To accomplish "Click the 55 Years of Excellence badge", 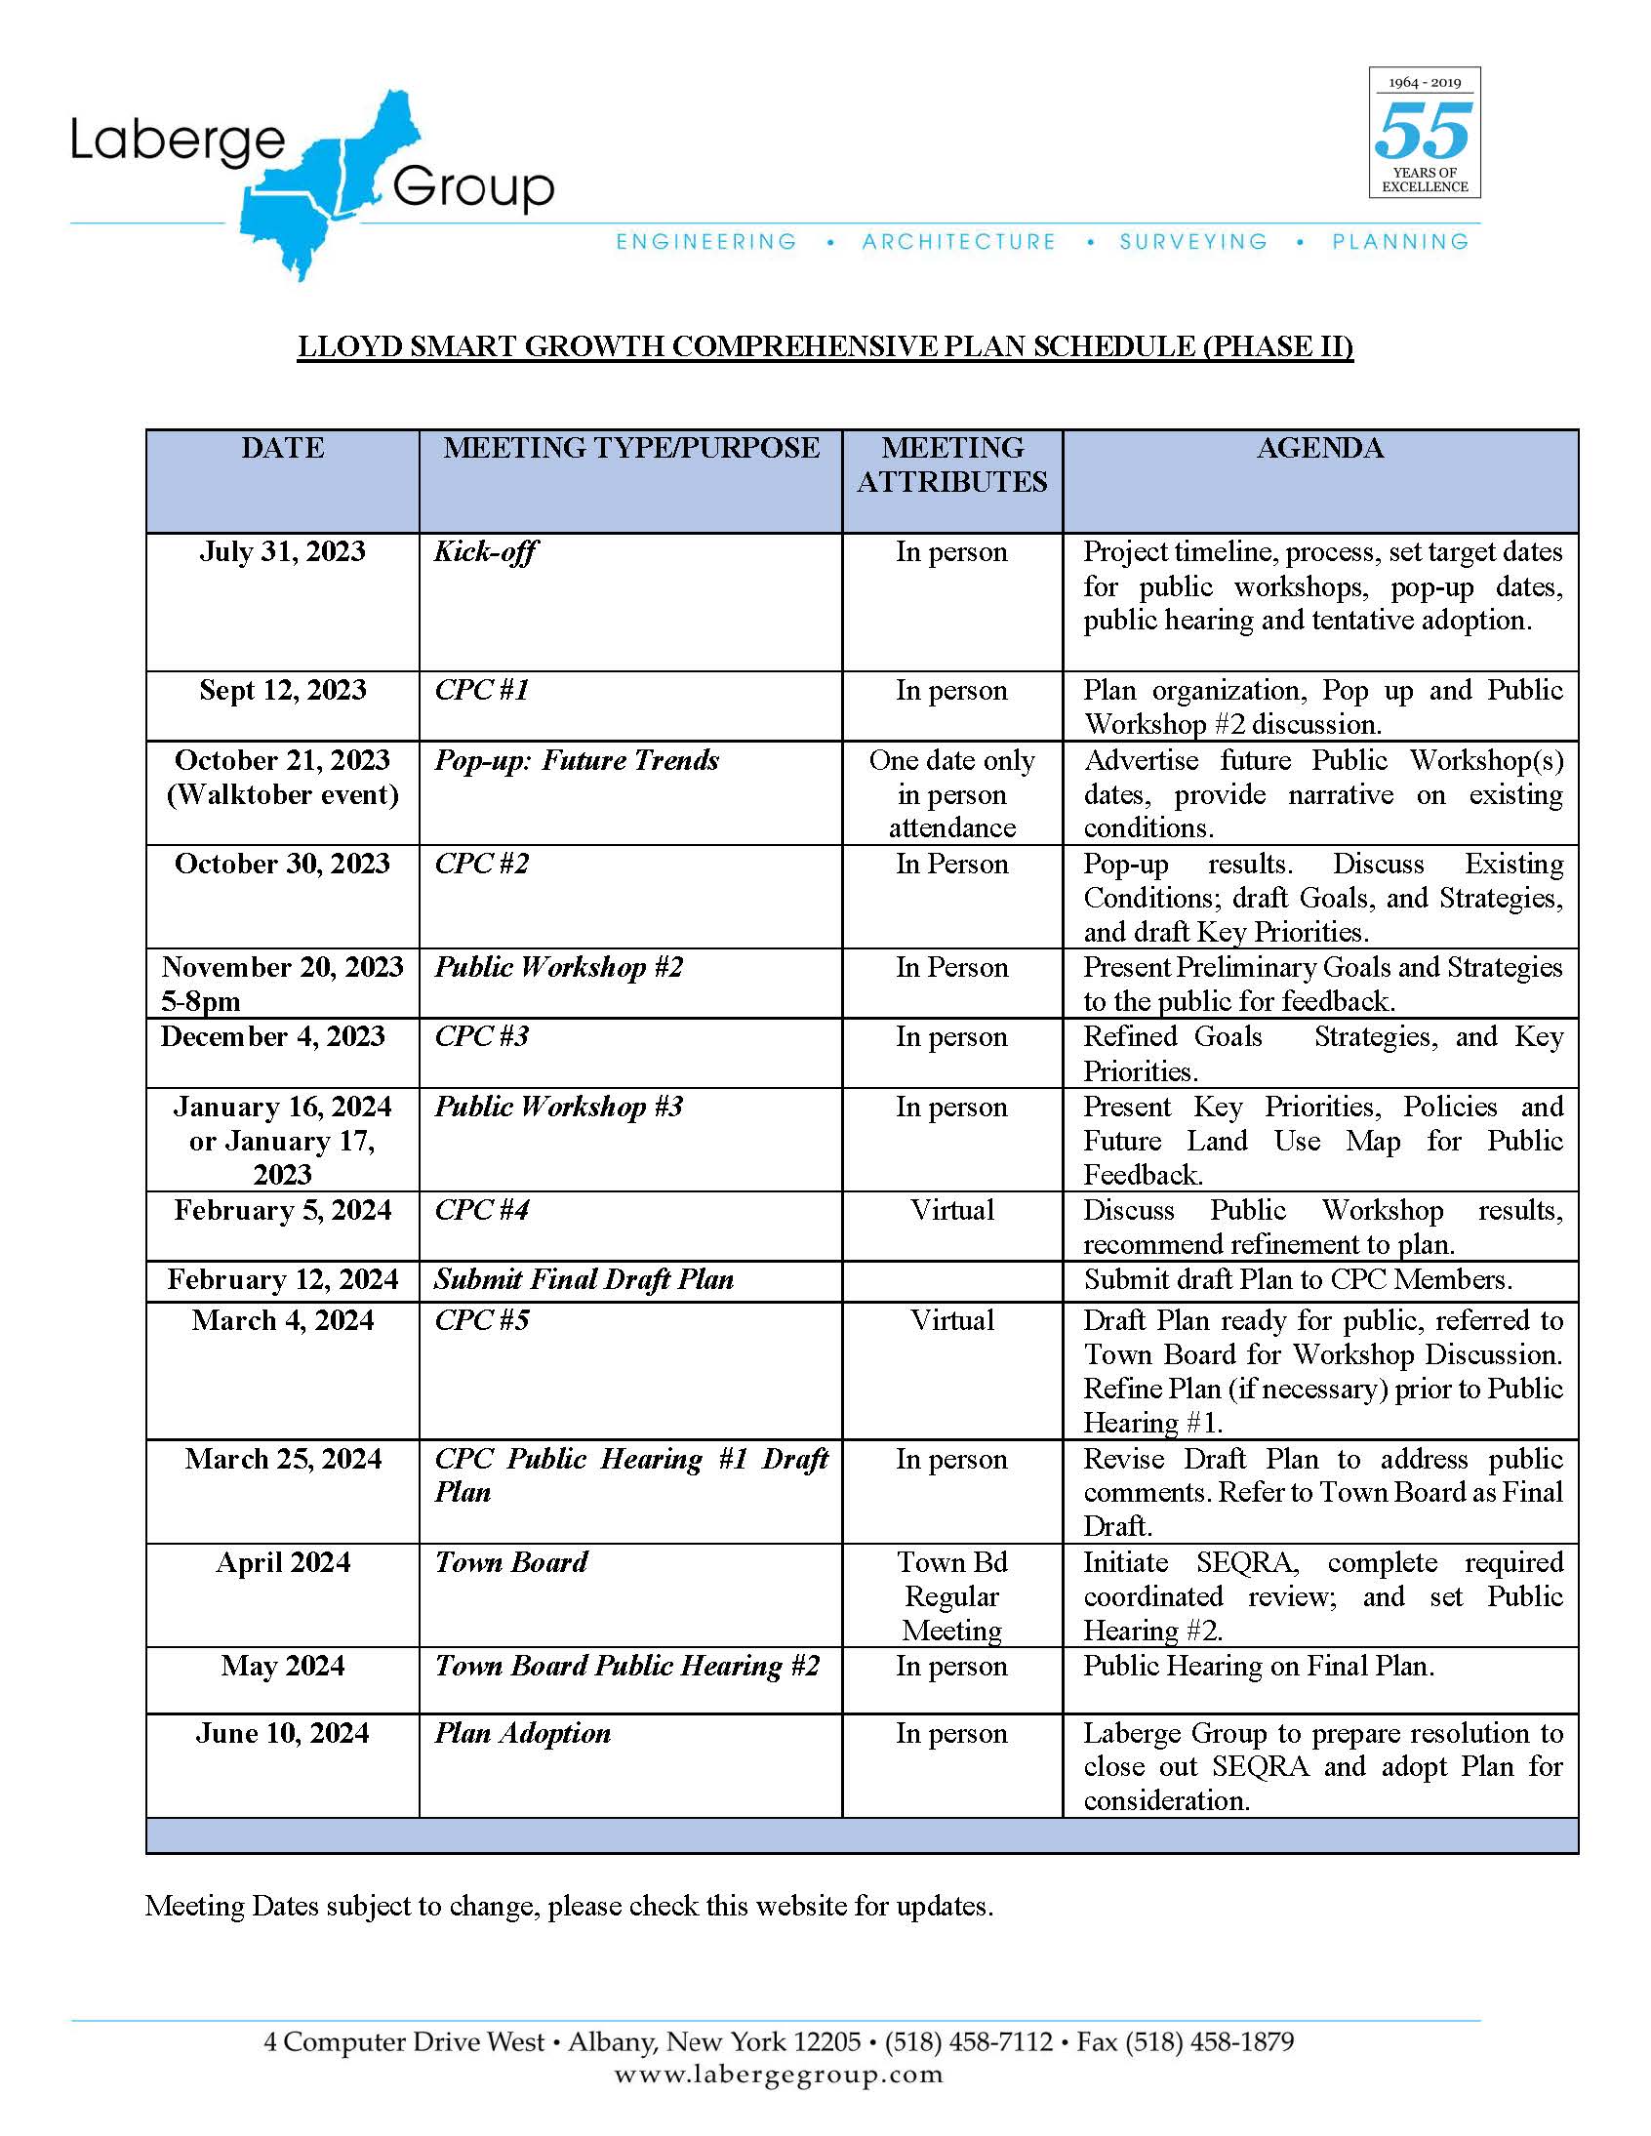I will point(1423,133).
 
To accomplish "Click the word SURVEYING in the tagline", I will point(1193,242).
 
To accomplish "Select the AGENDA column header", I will point(1319,448).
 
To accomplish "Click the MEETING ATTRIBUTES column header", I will point(951,464).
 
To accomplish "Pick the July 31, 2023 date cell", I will point(283,551).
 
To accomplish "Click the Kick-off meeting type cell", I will point(485,551).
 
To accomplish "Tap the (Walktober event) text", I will point(283,794).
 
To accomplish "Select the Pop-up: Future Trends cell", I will point(577,760).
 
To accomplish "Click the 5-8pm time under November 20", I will point(200,1001).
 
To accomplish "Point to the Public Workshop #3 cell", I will point(558,1107).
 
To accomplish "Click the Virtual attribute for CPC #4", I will point(951,1210).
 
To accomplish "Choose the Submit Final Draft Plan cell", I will point(584,1279).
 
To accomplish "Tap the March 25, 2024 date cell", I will point(283,1458).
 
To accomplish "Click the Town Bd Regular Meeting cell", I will point(951,1595).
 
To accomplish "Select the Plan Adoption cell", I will point(522,1733).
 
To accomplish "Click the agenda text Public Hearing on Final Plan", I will point(1259,1666).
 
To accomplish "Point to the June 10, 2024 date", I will point(283,1733).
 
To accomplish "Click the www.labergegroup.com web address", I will point(779,2075).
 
